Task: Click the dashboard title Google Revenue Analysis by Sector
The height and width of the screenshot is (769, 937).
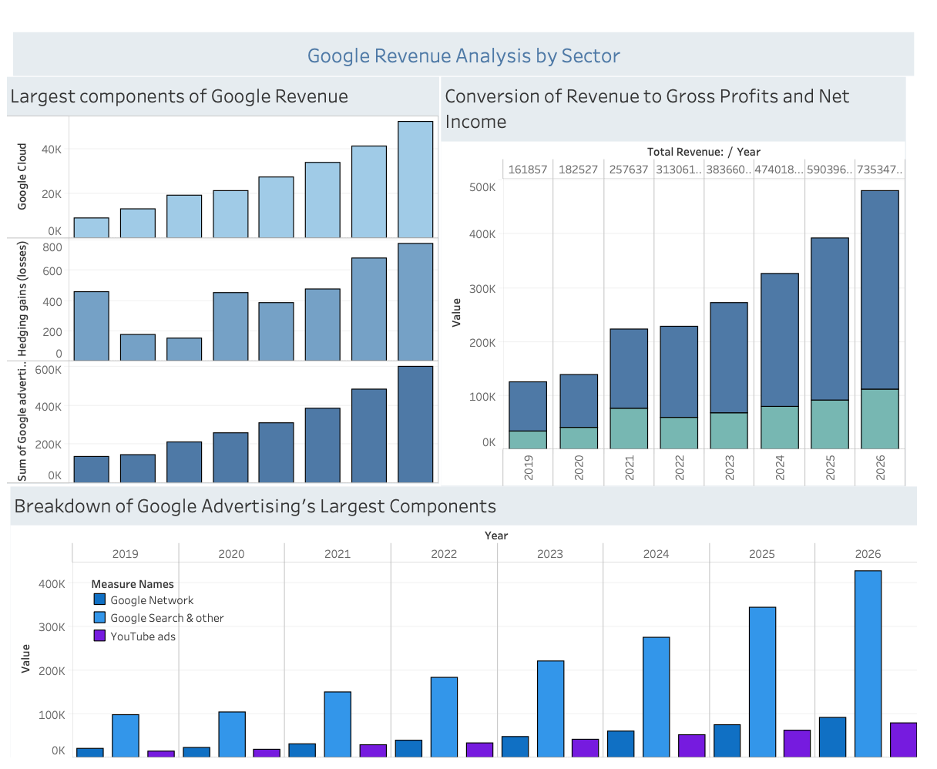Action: click(463, 55)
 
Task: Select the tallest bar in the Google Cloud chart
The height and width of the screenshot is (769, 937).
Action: click(415, 179)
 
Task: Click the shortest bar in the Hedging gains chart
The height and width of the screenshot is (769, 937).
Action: click(184, 349)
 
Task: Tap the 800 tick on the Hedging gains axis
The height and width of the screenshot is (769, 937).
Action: click(52, 247)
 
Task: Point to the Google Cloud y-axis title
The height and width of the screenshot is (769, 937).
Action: click(22, 176)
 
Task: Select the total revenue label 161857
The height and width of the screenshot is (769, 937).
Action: click(528, 170)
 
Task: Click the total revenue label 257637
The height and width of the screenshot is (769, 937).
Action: click(629, 170)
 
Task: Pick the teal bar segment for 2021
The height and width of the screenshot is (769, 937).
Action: click(629, 428)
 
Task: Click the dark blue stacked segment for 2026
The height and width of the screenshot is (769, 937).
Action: click(880, 290)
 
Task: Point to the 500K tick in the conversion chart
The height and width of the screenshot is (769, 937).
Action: click(482, 187)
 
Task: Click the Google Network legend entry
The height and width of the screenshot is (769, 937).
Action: click(151, 600)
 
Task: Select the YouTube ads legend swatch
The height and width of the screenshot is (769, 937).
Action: click(99, 636)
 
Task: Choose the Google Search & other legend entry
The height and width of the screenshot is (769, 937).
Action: click(166, 618)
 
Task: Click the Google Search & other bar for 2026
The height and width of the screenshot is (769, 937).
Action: click(868, 663)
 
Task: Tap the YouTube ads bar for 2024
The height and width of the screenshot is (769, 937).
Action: click(691, 745)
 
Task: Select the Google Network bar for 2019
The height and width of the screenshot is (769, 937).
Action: click(89, 752)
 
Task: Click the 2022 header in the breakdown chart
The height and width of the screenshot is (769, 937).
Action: click(444, 553)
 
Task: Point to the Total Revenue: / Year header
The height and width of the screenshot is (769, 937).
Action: click(703, 152)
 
